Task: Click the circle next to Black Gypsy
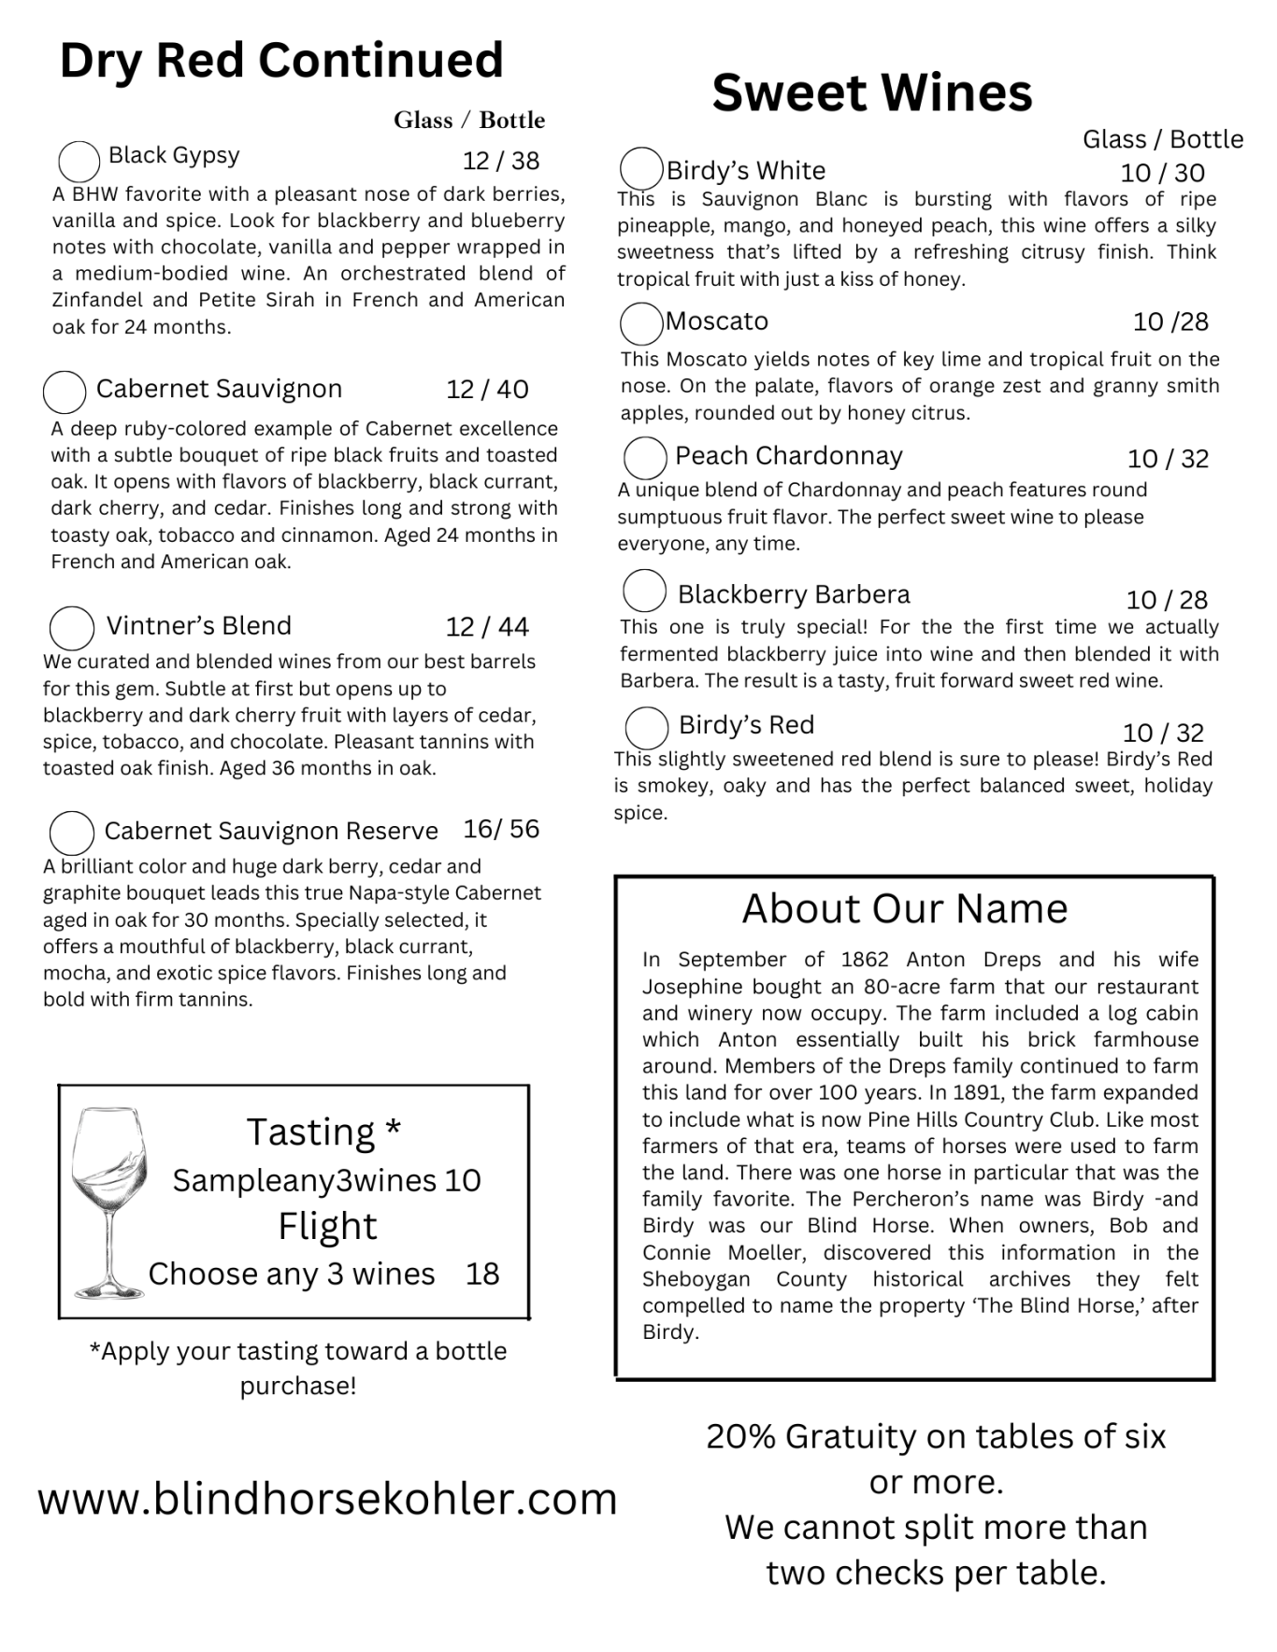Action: pyautogui.click(x=79, y=162)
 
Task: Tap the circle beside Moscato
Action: pyautogui.click(x=641, y=323)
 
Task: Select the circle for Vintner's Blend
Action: pyautogui.click(x=72, y=628)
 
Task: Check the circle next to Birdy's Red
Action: pyautogui.click(x=646, y=727)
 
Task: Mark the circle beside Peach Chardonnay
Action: pyautogui.click(x=645, y=458)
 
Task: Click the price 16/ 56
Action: pyautogui.click(x=501, y=829)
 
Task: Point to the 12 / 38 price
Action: pyautogui.click(x=501, y=161)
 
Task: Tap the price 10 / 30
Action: pyautogui.click(x=1162, y=173)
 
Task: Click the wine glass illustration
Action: pyautogui.click(x=109, y=1201)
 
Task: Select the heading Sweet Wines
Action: pyautogui.click(x=871, y=93)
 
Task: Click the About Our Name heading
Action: pyautogui.click(x=904, y=908)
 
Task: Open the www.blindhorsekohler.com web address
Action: pyautogui.click(x=327, y=1499)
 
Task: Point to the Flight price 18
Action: pyautogui.click(x=482, y=1274)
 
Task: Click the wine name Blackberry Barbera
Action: pyautogui.click(x=793, y=594)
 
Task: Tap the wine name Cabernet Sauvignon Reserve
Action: pyautogui.click(x=271, y=831)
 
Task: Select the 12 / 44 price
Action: pyautogui.click(x=487, y=626)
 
